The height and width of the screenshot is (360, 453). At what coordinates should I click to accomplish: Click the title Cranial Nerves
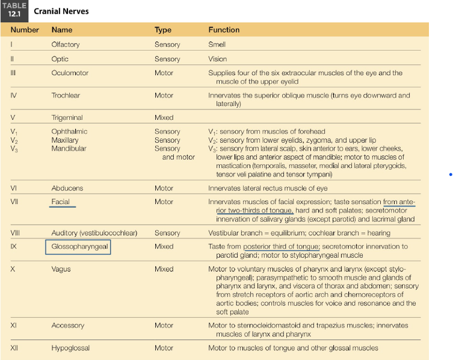tap(62, 11)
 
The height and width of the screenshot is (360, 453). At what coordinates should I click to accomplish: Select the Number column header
tap(25, 29)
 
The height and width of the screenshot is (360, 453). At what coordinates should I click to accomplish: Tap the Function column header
tap(224, 29)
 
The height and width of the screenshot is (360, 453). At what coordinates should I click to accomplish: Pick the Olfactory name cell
tap(66, 45)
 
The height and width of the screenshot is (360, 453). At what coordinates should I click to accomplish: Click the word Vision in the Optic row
tap(218, 59)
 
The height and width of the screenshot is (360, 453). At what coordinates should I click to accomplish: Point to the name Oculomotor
tap(70, 73)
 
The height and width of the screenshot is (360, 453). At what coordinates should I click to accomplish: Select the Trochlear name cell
tap(66, 95)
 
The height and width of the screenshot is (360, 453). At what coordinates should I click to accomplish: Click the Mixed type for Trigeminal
tap(164, 117)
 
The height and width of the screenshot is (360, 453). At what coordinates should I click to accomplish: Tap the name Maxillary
tap(66, 140)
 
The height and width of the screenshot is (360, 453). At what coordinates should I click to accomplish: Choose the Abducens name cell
tap(67, 188)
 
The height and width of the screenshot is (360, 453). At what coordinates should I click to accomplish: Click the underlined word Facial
tap(61, 202)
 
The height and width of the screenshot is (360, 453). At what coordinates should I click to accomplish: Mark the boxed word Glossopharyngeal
tap(78, 246)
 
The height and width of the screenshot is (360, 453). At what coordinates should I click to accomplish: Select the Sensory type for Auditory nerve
tap(167, 233)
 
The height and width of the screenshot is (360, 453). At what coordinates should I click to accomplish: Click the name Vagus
tap(61, 269)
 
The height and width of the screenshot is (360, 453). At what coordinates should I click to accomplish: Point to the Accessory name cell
tap(68, 325)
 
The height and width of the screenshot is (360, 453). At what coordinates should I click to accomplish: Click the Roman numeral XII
tap(14, 347)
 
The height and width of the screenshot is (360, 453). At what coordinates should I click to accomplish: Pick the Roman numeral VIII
tap(15, 233)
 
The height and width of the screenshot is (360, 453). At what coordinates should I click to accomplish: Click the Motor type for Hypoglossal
tap(164, 347)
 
